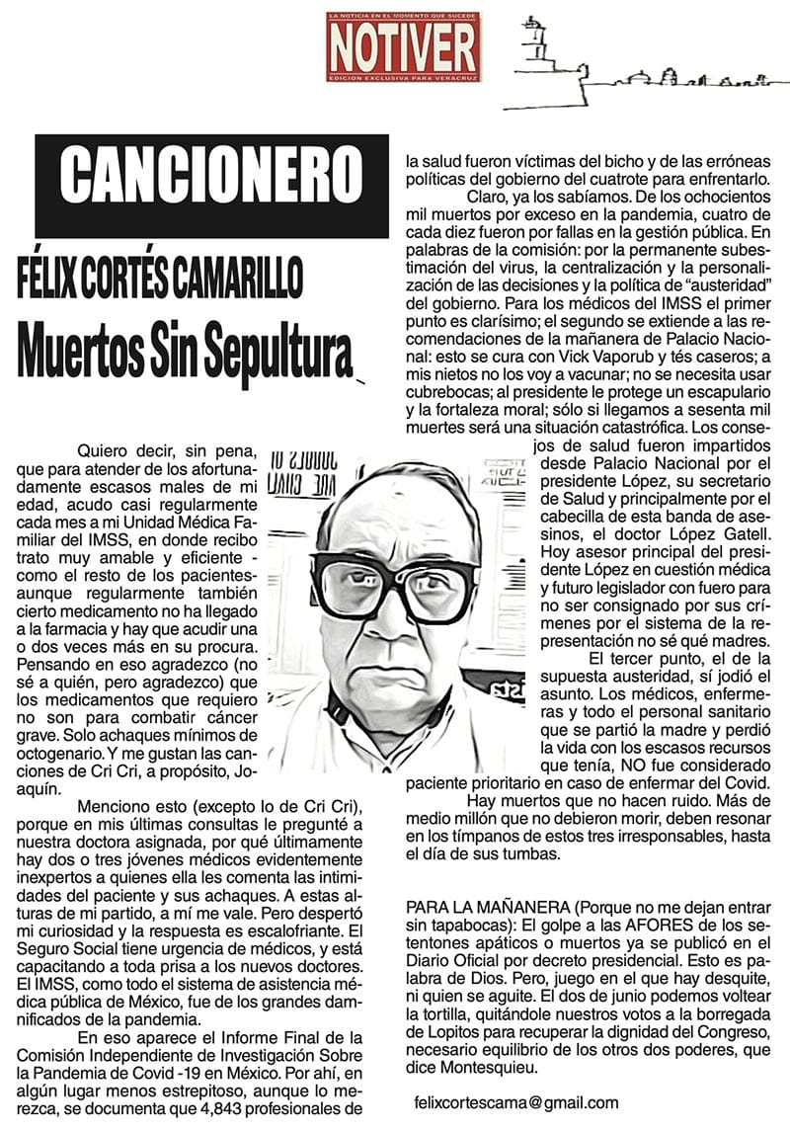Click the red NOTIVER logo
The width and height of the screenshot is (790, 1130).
[403, 46]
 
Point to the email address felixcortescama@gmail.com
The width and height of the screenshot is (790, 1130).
[517, 1103]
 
